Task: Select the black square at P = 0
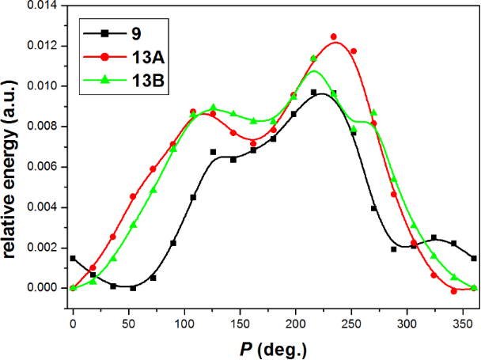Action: coord(73,258)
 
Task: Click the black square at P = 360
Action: coord(474,258)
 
